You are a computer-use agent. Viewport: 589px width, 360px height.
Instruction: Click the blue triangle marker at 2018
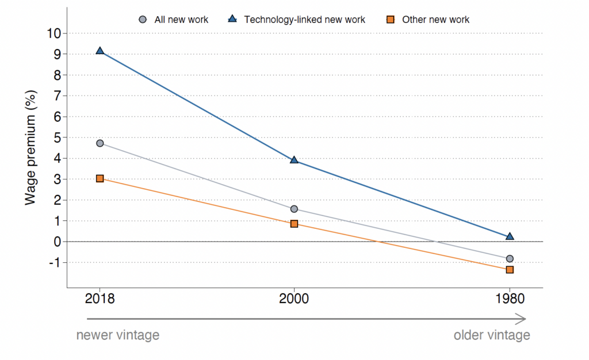pos(100,51)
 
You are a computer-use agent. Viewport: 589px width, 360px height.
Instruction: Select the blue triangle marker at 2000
pos(294,160)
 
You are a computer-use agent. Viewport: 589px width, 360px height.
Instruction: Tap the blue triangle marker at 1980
pos(510,236)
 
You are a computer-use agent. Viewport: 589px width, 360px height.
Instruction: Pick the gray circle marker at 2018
pos(100,143)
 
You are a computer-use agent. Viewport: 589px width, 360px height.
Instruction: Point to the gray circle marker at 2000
pos(294,209)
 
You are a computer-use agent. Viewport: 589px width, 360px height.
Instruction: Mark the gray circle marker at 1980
pos(510,259)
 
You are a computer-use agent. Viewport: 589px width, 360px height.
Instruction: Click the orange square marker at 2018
pos(100,179)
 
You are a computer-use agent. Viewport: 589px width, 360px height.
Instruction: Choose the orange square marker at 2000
pos(294,224)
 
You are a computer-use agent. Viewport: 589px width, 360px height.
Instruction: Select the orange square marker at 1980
pos(510,270)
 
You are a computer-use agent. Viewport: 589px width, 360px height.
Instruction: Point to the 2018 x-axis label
pos(100,299)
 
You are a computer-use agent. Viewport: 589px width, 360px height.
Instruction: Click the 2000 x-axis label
pos(294,299)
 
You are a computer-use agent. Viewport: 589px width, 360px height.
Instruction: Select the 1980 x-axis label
pos(510,299)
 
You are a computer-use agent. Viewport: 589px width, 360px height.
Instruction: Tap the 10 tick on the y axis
pos(54,33)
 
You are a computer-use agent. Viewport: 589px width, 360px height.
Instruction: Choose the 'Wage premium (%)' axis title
pos(32,148)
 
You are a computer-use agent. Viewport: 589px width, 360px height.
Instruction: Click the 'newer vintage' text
pos(117,335)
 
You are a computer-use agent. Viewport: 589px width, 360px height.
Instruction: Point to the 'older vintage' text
pos(492,335)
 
